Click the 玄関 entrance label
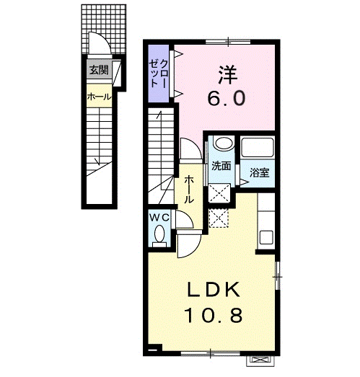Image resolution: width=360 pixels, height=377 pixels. click(99, 70)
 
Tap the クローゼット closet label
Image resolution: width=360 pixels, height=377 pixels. click(158, 74)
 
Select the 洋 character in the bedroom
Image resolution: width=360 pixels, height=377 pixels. click(228, 75)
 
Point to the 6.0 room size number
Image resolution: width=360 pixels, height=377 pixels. click(227, 98)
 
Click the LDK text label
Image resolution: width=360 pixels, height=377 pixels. click(214, 289)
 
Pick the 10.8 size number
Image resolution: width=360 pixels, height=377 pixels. click(214, 315)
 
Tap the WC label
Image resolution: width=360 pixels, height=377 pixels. click(159, 218)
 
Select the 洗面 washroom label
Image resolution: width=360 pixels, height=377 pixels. click(221, 166)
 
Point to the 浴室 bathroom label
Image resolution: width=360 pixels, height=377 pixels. click(259, 172)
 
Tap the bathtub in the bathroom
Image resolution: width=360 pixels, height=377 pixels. click(258, 147)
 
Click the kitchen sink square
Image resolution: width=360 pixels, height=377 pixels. click(266, 237)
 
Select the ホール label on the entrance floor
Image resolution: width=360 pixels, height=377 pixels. click(99, 97)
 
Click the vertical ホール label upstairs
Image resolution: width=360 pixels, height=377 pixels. click(189, 190)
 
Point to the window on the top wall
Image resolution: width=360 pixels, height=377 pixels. click(228, 42)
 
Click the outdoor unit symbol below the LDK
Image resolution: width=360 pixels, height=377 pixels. click(260, 360)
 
